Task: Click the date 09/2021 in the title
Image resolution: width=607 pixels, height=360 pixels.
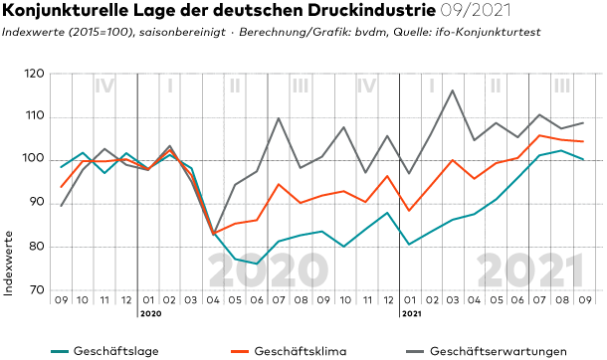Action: (476, 10)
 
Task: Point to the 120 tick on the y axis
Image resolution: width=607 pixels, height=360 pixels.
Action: (36, 74)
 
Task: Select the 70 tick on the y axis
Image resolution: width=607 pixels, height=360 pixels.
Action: (37, 290)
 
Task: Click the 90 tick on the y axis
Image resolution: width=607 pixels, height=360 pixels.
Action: (37, 204)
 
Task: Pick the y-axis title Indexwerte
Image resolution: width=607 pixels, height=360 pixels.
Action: (9, 264)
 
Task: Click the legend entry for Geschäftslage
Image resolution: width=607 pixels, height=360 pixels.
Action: (104, 351)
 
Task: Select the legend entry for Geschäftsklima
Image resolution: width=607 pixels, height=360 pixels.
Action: (289, 351)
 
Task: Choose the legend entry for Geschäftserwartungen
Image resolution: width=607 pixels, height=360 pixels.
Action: (487, 351)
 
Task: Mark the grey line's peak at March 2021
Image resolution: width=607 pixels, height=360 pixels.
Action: (452, 90)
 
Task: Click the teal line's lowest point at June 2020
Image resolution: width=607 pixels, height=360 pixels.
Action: (257, 264)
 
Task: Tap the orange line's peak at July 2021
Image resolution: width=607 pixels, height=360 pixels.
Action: (539, 135)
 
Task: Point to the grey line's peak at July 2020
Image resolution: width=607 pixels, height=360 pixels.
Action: (279, 118)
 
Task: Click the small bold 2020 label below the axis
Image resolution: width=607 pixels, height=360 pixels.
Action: (151, 314)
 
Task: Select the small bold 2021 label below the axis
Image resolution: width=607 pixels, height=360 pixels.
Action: (412, 314)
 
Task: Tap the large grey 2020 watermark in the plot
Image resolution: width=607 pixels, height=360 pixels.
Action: (268, 270)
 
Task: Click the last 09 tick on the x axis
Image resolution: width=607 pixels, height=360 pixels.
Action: (585, 300)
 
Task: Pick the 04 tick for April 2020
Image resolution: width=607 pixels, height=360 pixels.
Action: (213, 300)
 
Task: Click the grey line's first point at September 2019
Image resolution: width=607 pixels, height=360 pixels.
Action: (61, 206)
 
